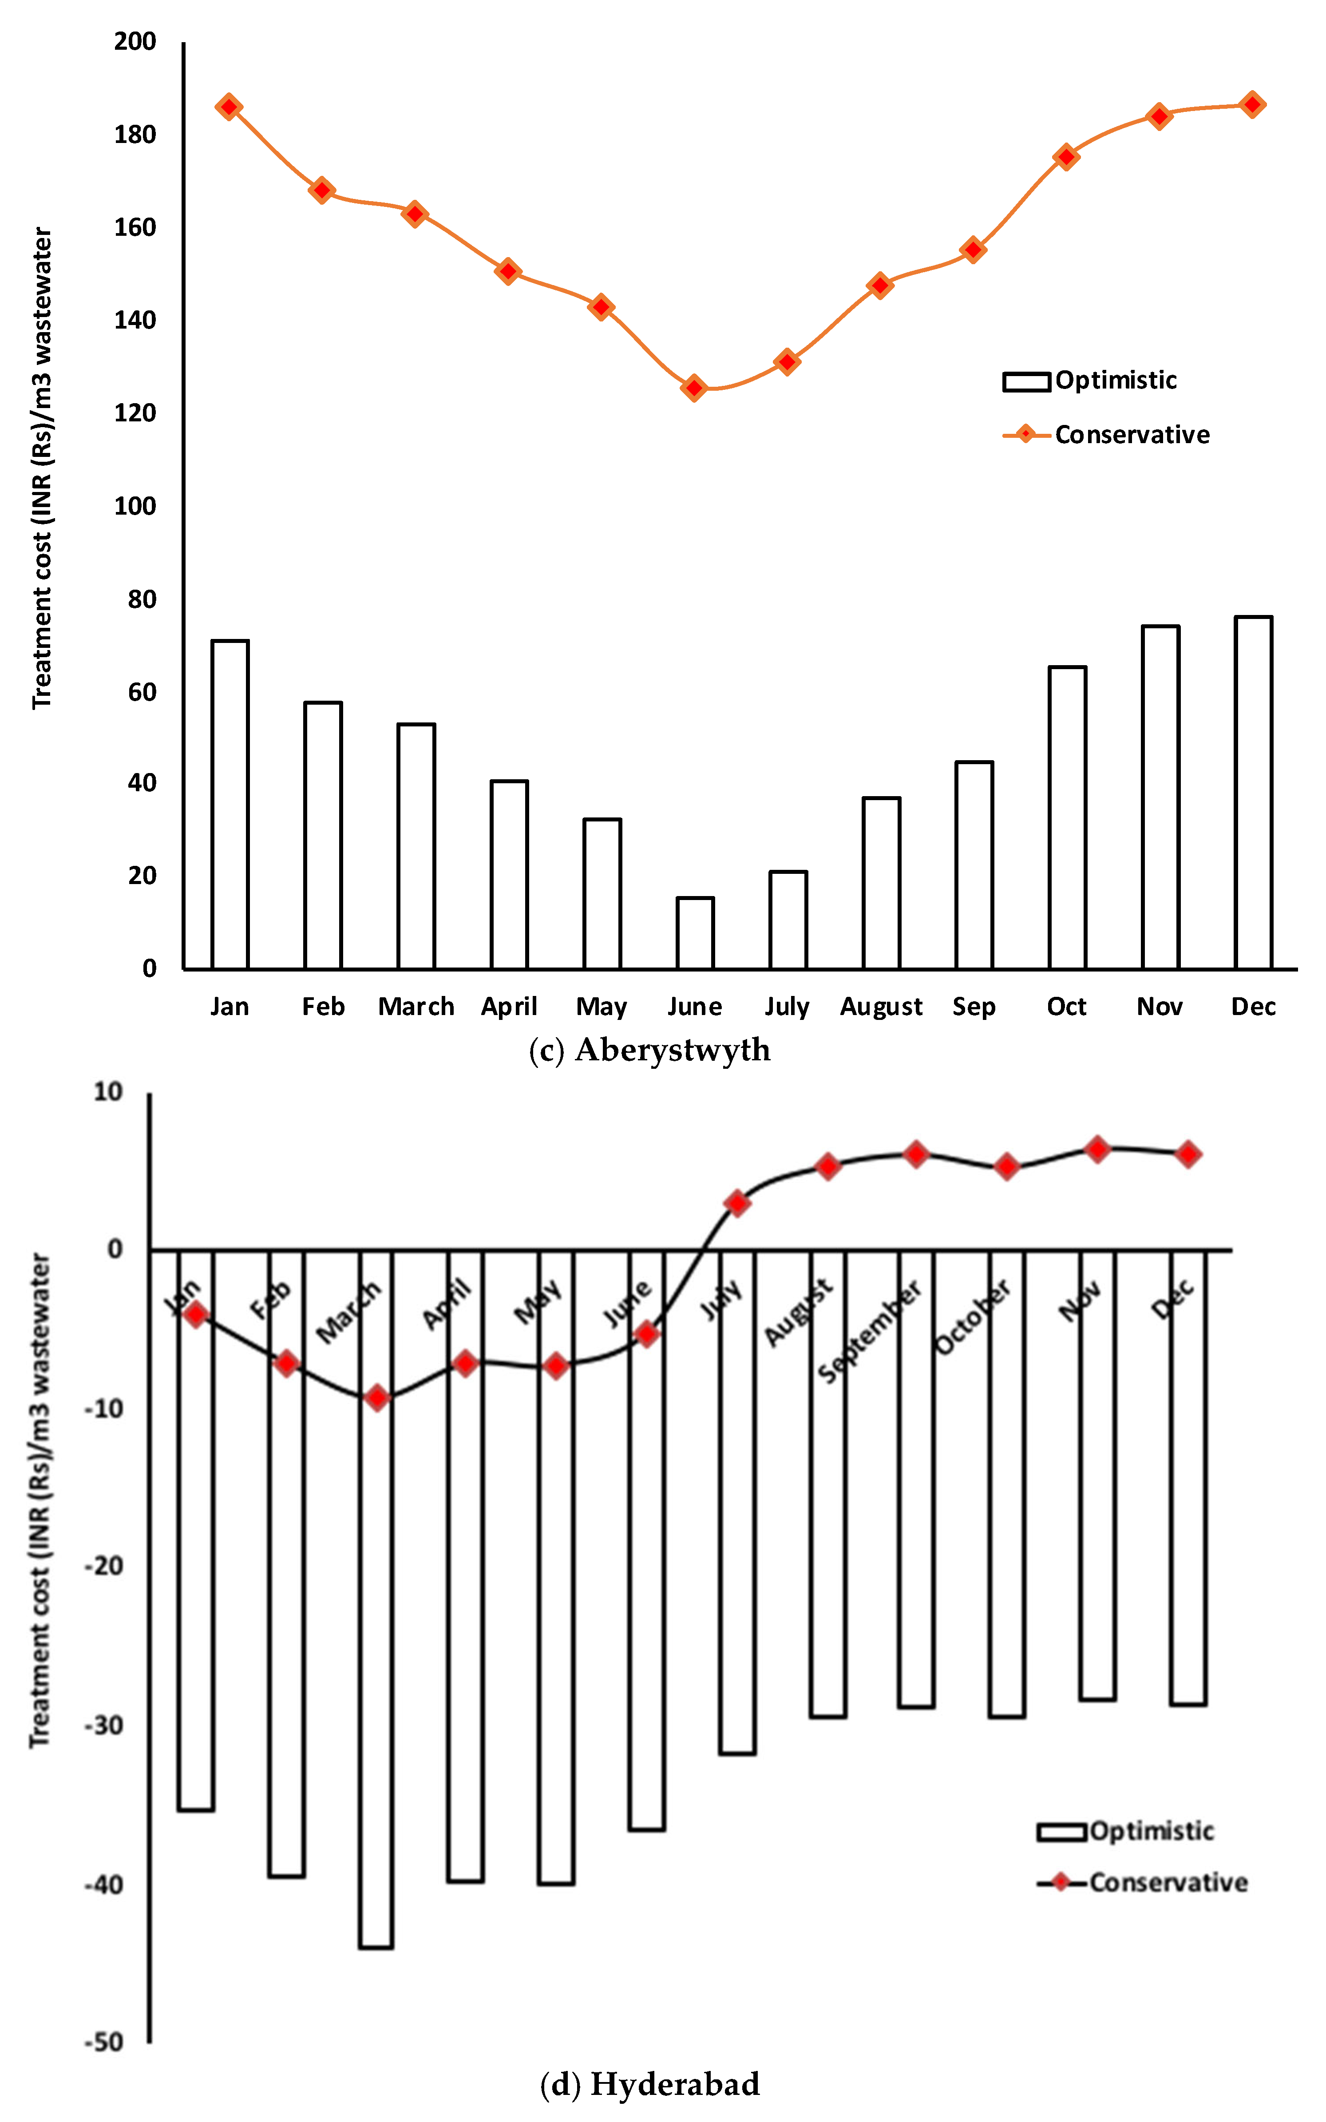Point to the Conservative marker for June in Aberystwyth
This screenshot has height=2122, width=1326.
pyautogui.click(x=695, y=388)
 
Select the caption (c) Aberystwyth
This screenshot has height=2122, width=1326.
pyautogui.click(x=650, y=1050)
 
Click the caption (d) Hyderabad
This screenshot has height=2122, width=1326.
pyautogui.click(x=650, y=2083)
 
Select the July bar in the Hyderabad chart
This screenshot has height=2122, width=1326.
pyautogui.click(x=737, y=1500)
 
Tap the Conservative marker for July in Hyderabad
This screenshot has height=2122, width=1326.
pyautogui.click(x=737, y=1203)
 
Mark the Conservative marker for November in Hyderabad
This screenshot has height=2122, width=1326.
pyautogui.click(x=1097, y=1149)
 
